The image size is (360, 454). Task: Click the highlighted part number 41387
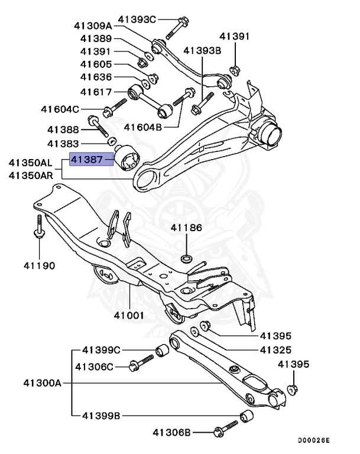[87, 159]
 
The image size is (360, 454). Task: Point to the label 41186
[187, 228]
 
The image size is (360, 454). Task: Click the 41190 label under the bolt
[40, 265]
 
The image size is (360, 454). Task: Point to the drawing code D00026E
[313, 440]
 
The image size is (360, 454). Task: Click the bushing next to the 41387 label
[128, 158]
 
